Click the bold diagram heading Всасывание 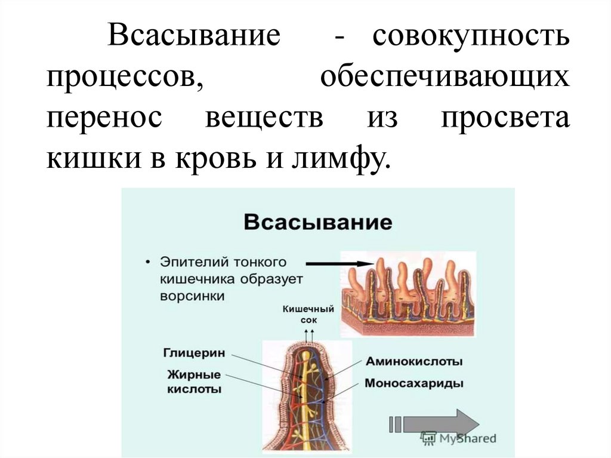coord(317,223)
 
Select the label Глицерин coord(194,353)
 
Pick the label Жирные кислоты coord(195,382)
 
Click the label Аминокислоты coord(414,361)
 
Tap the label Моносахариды coord(414,382)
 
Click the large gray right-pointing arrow coord(441,424)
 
